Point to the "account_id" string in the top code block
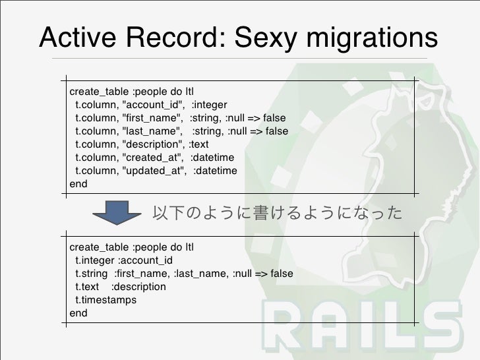[x=153, y=105]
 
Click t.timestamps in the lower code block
[x=105, y=300]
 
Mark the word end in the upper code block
[x=78, y=184]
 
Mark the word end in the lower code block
[x=78, y=313]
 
